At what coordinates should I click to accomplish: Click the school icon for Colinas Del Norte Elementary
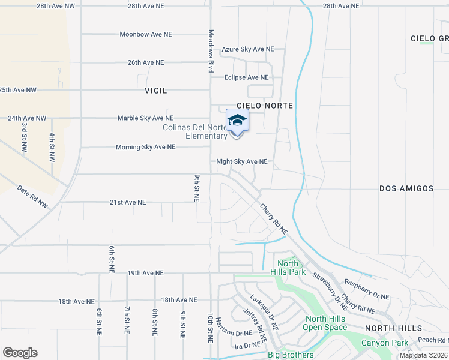pyautogui.click(x=237, y=121)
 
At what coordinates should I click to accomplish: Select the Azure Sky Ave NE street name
pyautogui.click(x=248, y=49)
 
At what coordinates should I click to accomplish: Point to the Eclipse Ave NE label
pyautogui.click(x=246, y=77)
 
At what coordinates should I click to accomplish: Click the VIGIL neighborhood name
pyautogui.click(x=156, y=91)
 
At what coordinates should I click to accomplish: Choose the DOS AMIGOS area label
pyautogui.click(x=406, y=188)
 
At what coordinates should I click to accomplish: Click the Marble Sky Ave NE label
pyautogui.click(x=145, y=118)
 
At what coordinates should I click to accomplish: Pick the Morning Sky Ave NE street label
pyautogui.click(x=146, y=147)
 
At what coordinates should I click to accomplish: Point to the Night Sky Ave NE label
pyautogui.click(x=242, y=161)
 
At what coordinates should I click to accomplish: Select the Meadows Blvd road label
pyautogui.click(x=211, y=51)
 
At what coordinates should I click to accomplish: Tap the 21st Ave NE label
pyautogui.click(x=128, y=203)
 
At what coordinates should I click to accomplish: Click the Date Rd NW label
pyautogui.click(x=33, y=196)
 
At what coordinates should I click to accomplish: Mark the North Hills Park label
pyautogui.click(x=288, y=268)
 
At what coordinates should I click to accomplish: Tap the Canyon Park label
pyautogui.click(x=384, y=343)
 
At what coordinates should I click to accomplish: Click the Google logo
pyautogui.click(x=20, y=353)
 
